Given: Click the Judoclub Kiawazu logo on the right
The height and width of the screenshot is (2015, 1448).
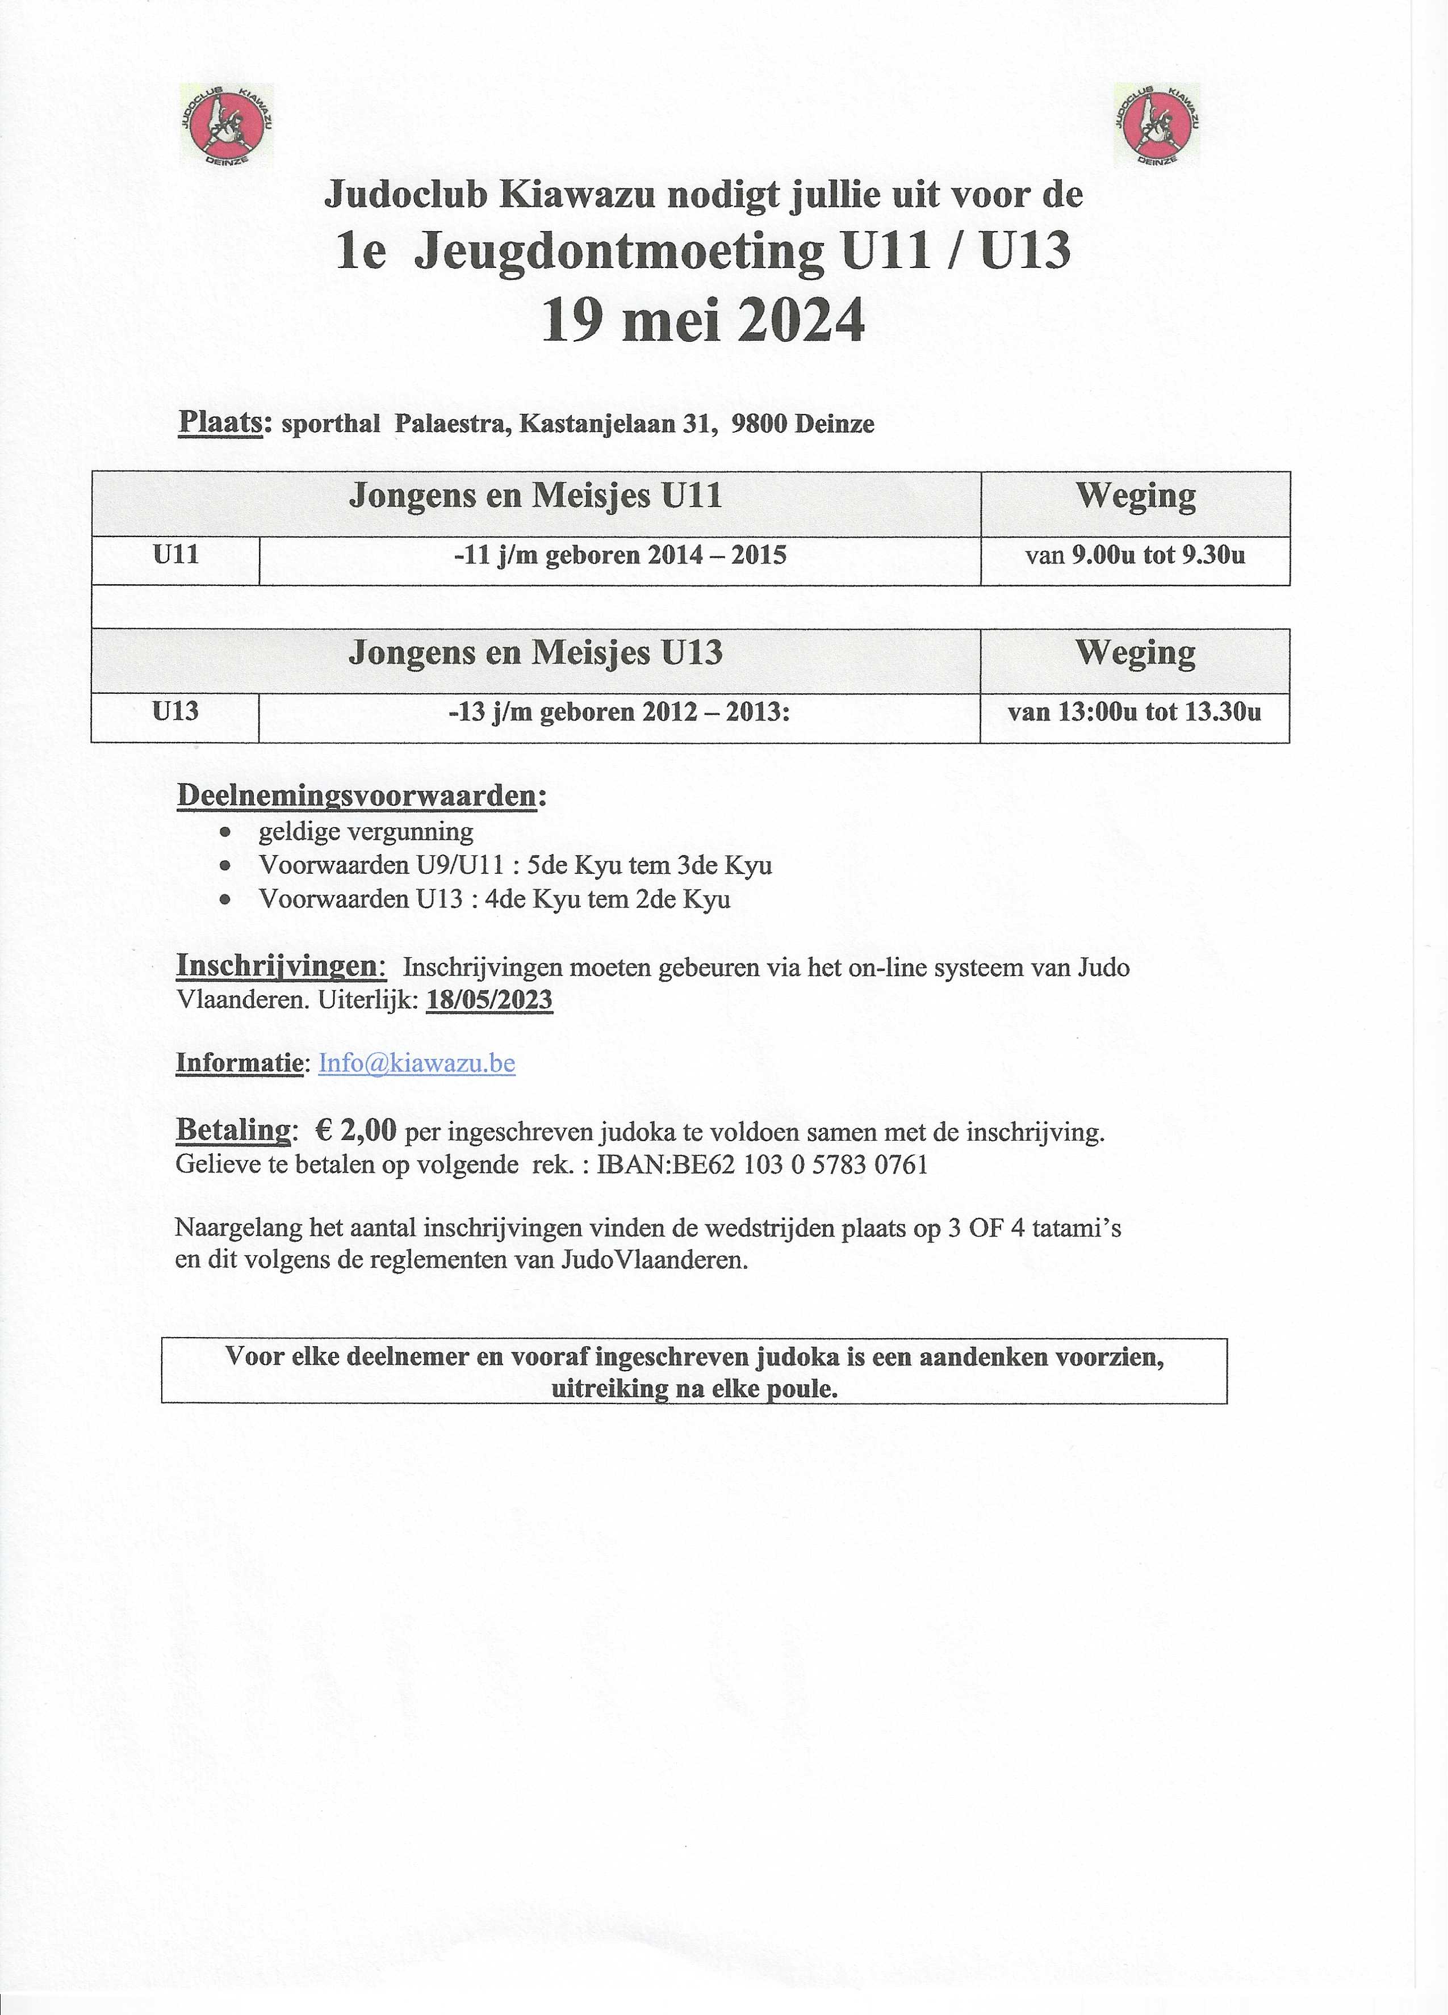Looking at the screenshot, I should point(1157,126).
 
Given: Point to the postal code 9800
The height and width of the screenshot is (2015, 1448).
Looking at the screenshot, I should point(760,425).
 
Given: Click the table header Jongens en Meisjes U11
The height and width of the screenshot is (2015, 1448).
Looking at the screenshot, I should point(535,496).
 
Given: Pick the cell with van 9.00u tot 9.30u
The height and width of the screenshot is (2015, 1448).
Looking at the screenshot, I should point(1135,556).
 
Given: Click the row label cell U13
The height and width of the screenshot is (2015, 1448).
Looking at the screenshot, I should point(175,711).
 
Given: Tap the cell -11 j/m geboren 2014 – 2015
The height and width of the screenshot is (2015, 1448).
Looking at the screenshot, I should point(619,556).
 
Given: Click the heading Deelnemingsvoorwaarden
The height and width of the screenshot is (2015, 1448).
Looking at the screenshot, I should point(357,796).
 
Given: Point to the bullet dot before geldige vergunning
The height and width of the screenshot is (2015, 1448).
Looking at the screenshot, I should point(227,832).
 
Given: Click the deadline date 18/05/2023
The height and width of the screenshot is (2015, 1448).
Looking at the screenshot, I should point(489,1000).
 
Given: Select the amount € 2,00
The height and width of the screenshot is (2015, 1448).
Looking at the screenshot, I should point(355,1131).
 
